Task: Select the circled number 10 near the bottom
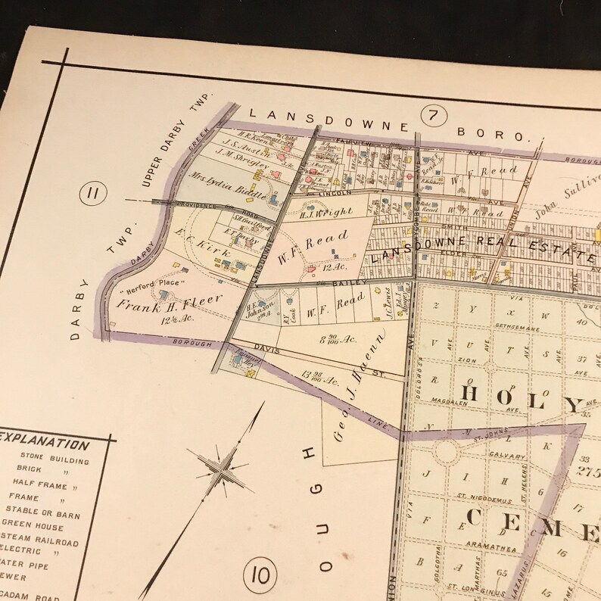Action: [x=257, y=577]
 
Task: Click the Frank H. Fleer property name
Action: [x=170, y=300]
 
